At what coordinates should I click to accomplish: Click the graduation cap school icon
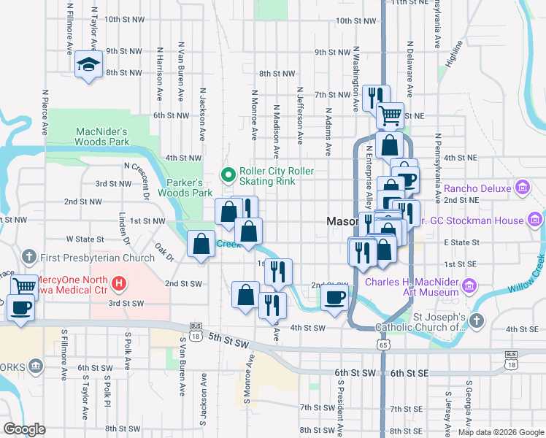coord(88,65)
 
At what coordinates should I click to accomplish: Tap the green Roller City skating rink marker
coord(228,175)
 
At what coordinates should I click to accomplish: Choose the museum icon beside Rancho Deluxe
coord(523,188)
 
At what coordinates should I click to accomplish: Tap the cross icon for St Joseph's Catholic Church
coord(476,320)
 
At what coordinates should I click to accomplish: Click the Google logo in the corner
coord(24,429)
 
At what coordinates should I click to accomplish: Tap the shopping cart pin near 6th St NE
coord(390,114)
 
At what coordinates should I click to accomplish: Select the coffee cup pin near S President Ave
coord(335,297)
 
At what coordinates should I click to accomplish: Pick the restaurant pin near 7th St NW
coord(376,96)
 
